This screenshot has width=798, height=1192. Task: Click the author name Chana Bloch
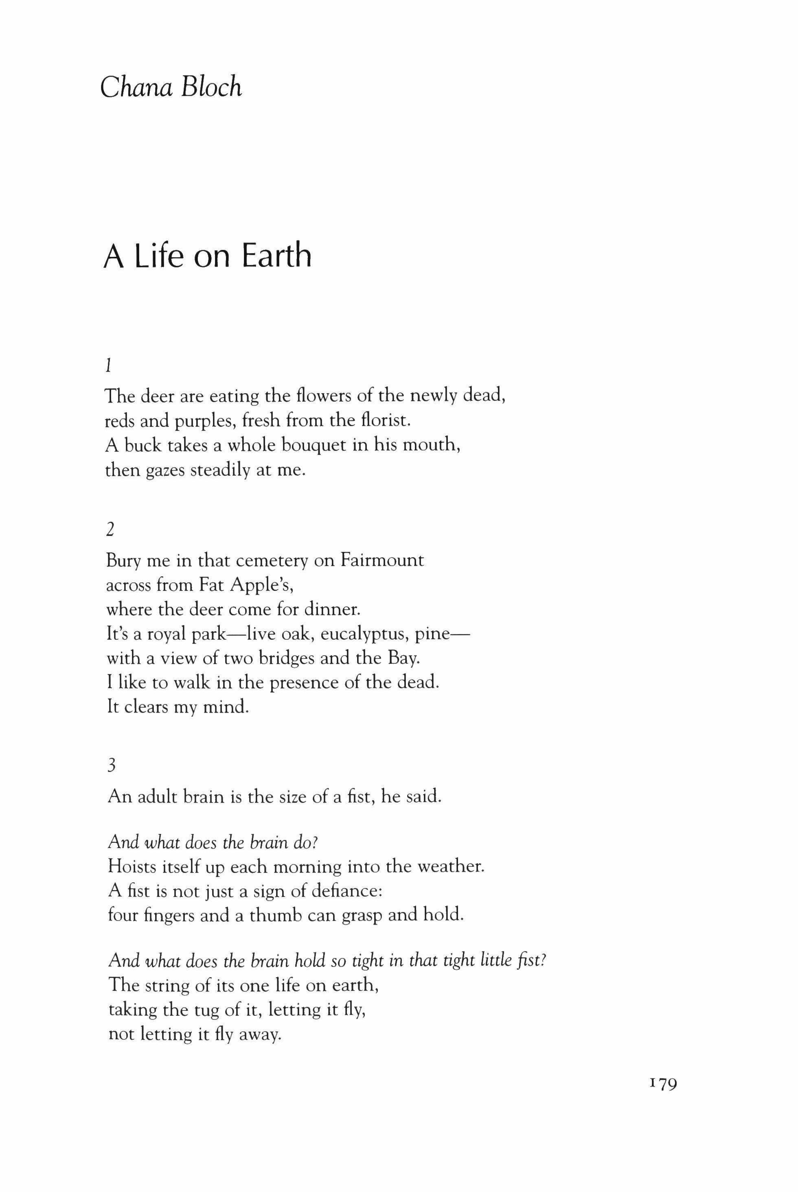click(171, 87)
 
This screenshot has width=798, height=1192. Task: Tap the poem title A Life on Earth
click(207, 256)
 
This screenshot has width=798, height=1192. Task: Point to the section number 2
click(110, 530)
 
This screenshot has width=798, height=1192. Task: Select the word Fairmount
click(382, 560)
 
